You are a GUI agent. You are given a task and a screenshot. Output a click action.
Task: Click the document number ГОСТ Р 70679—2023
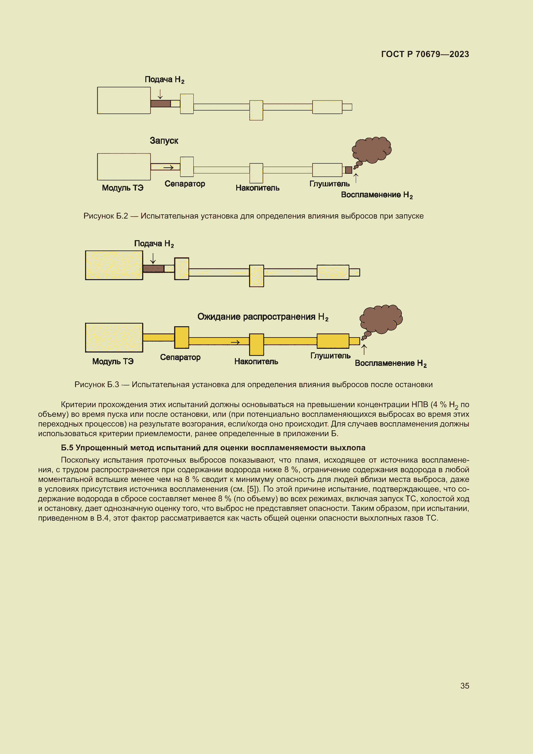click(425, 54)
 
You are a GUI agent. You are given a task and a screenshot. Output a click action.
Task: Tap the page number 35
click(464, 686)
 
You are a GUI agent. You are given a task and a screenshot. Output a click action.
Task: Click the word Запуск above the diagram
click(164, 141)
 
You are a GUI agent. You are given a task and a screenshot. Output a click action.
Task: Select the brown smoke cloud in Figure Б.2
click(372, 150)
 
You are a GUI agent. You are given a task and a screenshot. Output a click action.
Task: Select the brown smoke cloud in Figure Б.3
click(381, 319)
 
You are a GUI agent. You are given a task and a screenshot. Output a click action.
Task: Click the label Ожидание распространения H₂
click(263, 317)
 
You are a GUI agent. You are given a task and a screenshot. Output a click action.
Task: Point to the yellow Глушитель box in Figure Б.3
click(333, 341)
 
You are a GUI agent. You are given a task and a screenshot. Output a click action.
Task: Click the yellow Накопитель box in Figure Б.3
click(256, 345)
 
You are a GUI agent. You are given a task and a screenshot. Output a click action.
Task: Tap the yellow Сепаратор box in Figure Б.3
click(181, 337)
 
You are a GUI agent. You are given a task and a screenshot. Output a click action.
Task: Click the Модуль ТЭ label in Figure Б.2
click(122, 188)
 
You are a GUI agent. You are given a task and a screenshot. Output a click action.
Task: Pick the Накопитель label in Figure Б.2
click(257, 188)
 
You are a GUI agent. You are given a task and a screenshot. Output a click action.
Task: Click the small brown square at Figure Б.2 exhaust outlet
click(349, 170)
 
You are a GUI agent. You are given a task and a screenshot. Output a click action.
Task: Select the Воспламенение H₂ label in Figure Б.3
click(391, 363)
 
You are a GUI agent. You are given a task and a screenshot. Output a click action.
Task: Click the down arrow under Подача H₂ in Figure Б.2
click(160, 94)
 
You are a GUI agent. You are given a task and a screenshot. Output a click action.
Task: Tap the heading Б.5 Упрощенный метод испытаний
click(213, 448)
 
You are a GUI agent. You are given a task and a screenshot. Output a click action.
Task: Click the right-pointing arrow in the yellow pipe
click(235, 343)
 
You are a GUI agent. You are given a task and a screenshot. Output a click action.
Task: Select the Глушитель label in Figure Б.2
click(329, 184)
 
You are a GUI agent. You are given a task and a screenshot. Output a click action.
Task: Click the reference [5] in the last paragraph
click(252, 489)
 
